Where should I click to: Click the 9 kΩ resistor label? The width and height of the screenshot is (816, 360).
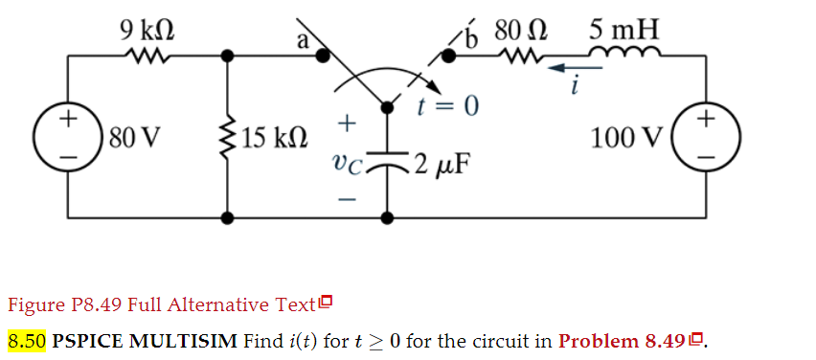point(146,28)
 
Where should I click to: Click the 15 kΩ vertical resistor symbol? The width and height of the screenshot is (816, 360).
point(228,136)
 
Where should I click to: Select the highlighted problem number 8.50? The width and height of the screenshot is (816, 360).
point(26,341)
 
